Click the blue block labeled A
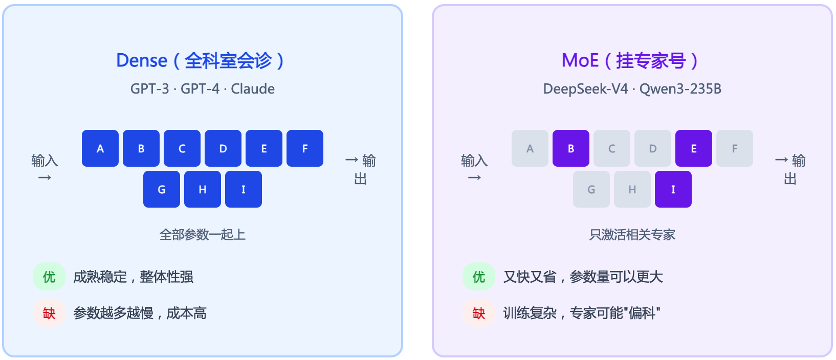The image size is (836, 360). coord(100,148)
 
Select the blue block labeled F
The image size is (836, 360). coord(305,148)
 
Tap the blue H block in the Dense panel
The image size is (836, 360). coord(203,189)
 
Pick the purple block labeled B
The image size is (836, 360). coord(571,148)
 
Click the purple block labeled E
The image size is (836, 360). coord(694,148)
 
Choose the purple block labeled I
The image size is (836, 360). coord(673,189)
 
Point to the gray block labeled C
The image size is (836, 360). coord(612,148)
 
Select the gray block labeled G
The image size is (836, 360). coord(591,189)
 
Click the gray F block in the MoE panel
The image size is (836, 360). coord(735,148)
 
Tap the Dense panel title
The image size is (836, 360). coord(201,60)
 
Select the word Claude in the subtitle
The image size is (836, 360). coord(253,89)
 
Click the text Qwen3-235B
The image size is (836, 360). coord(680,89)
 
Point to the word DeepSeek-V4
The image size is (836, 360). coord(585,89)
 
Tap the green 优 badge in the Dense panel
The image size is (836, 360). coord(49,277)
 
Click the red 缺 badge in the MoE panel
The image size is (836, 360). coord(479,313)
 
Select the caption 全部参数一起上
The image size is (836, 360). coord(203,235)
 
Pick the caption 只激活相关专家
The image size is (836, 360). coord(632,235)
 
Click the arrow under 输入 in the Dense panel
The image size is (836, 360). coord(45,177)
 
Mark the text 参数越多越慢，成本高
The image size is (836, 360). coord(140,313)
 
